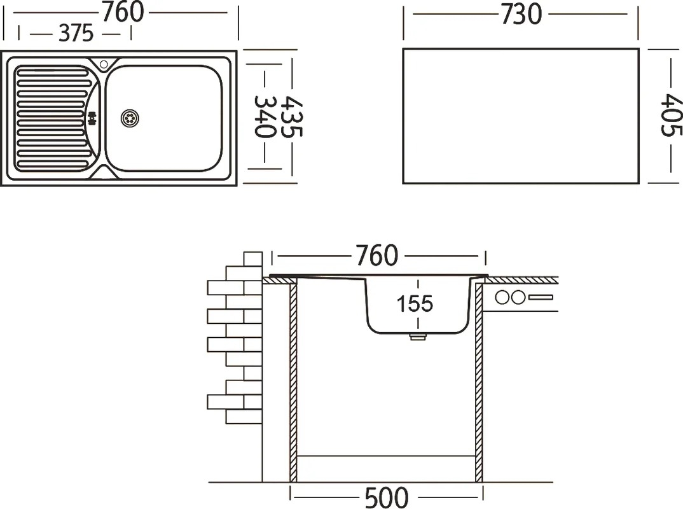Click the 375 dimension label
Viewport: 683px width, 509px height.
(x=76, y=33)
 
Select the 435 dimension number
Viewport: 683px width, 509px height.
(x=291, y=117)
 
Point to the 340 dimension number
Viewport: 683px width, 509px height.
(x=265, y=117)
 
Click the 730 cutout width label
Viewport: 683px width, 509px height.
(x=521, y=14)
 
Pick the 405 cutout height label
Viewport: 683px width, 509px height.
(x=672, y=115)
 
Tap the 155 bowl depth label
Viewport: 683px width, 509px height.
(x=415, y=303)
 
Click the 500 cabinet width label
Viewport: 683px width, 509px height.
(x=387, y=498)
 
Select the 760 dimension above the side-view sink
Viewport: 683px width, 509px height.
(x=376, y=255)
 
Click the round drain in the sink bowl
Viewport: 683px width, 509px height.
(x=130, y=118)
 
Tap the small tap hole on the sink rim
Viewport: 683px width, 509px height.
(x=104, y=64)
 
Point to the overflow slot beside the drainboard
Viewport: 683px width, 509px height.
(x=92, y=118)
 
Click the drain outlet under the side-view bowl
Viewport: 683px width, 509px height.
(x=417, y=337)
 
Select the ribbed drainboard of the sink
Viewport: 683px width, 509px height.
(x=52, y=118)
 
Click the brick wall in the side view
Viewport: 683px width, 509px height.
(x=235, y=338)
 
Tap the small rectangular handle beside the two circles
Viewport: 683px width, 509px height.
(x=541, y=298)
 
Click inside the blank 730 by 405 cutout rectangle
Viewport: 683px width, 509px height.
(x=521, y=116)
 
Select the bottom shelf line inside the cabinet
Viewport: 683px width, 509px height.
(x=386, y=456)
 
